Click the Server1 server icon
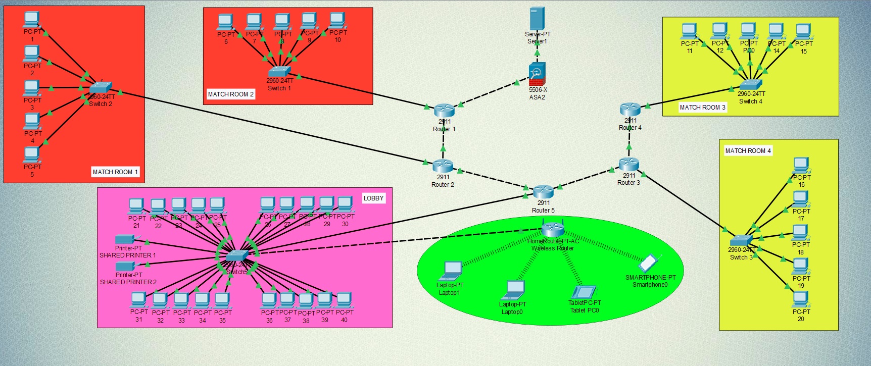pyautogui.click(x=537, y=19)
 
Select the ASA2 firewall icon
pyautogui.click(x=537, y=74)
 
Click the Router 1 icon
pyautogui.click(x=445, y=110)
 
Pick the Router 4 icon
pyautogui.click(x=630, y=109)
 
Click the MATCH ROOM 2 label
pyautogui.click(x=230, y=94)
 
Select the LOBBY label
pyautogui.click(x=373, y=198)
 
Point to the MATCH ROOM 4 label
pyautogui.click(x=748, y=151)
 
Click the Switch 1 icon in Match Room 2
pyautogui.click(x=279, y=72)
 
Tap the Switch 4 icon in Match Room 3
pyautogui.click(x=750, y=85)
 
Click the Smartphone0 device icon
pyautogui.click(x=648, y=263)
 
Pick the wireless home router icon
pyautogui.click(x=553, y=230)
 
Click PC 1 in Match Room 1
pyautogui.click(x=31, y=20)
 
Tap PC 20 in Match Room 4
pyautogui.click(x=800, y=299)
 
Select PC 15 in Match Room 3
pyautogui.click(x=803, y=32)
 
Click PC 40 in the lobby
pyautogui.click(x=344, y=300)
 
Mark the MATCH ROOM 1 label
pyautogui.click(x=115, y=172)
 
